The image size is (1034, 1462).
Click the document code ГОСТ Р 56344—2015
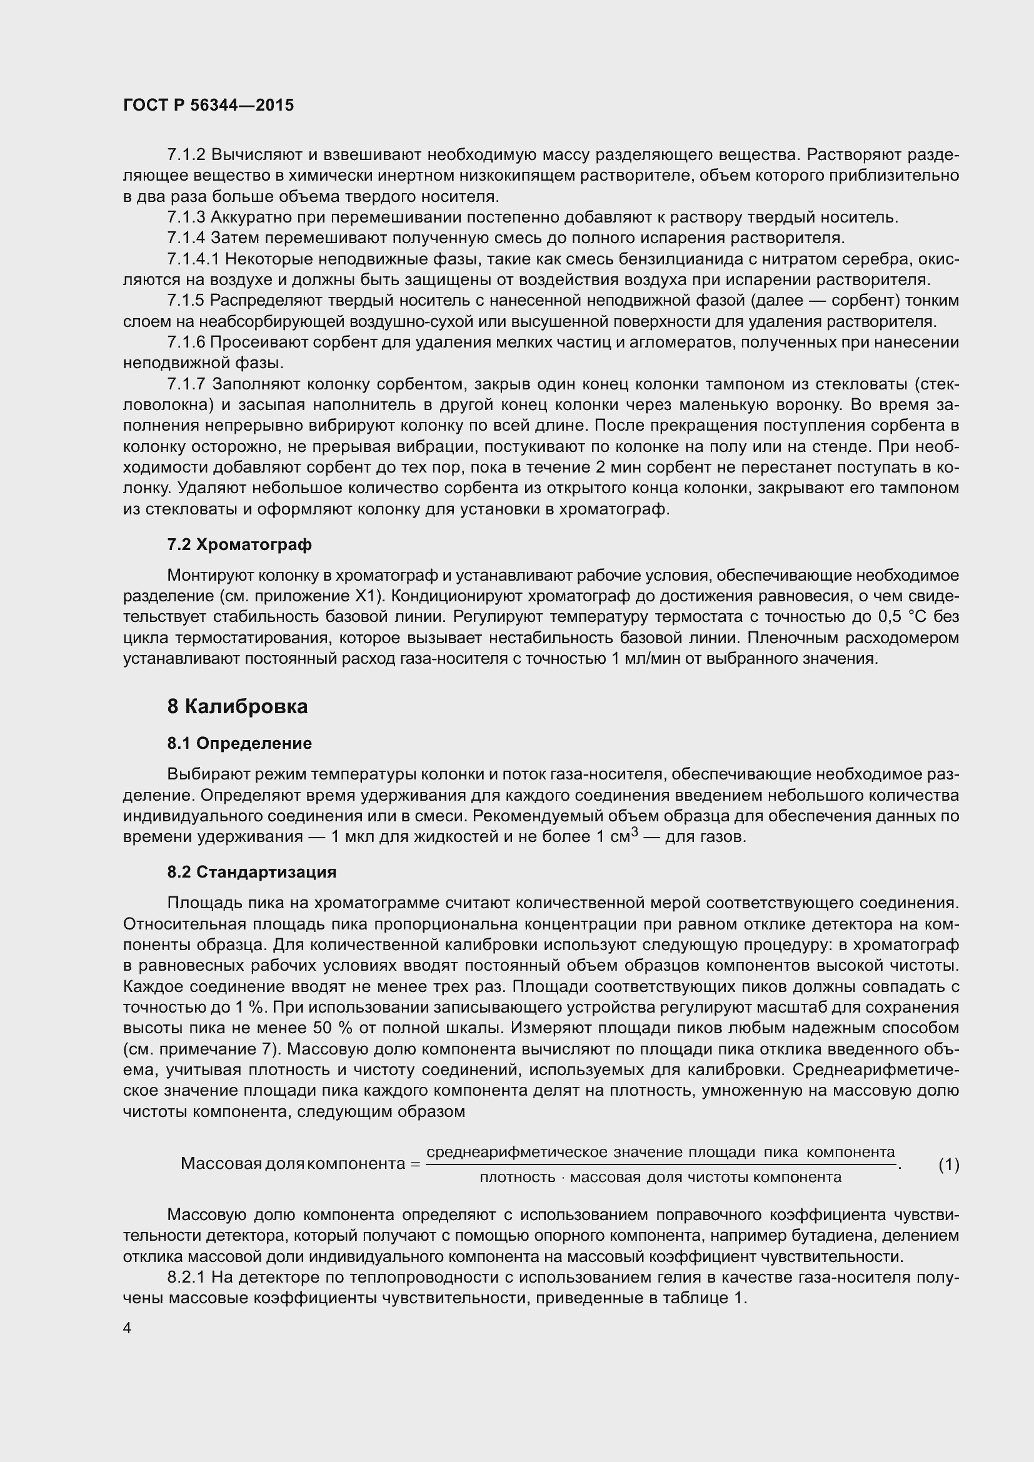208,106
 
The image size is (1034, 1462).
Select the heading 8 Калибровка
238,706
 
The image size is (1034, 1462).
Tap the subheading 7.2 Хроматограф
239,544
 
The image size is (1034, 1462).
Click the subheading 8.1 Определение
239,743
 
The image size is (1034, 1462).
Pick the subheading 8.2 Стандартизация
251,872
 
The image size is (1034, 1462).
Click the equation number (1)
949,1164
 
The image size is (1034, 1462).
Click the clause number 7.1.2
186,155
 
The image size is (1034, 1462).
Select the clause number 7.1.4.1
194,259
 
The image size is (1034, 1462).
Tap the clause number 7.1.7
186,384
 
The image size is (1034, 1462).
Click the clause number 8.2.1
186,1277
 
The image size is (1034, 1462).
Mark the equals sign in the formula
415,1164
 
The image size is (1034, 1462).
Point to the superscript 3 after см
634,832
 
